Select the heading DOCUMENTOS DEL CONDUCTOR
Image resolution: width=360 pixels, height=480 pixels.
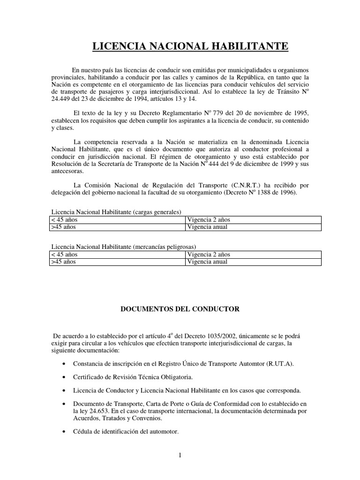click(180, 309)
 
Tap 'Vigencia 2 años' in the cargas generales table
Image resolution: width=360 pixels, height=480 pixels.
click(208, 219)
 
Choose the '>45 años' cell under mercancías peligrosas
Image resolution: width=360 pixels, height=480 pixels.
click(63, 262)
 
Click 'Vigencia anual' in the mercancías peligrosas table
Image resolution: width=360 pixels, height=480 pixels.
click(207, 262)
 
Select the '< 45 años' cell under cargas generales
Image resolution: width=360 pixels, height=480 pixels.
click(64, 219)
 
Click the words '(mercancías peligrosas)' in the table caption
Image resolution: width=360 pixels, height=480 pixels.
click(164, 247)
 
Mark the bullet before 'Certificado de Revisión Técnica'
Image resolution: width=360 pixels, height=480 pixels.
click(63, 377)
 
